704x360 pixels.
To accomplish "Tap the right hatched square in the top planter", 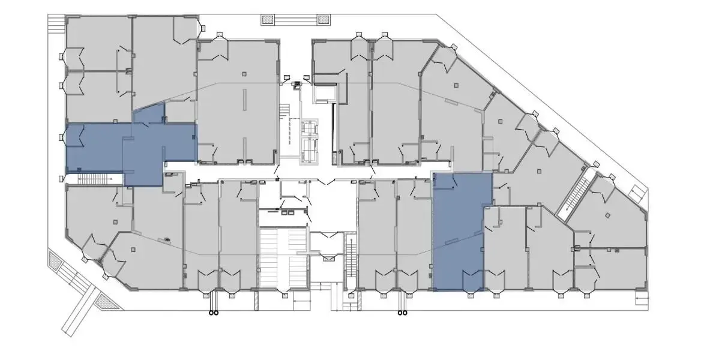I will click(x=323, y=20).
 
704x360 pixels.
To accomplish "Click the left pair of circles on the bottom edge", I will click(x=213, y=312).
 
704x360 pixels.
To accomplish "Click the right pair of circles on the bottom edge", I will click(x=401, y=312).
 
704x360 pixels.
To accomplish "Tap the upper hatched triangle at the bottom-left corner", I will click(x=56, y=261).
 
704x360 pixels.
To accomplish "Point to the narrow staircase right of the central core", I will click(x=350, y=258).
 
